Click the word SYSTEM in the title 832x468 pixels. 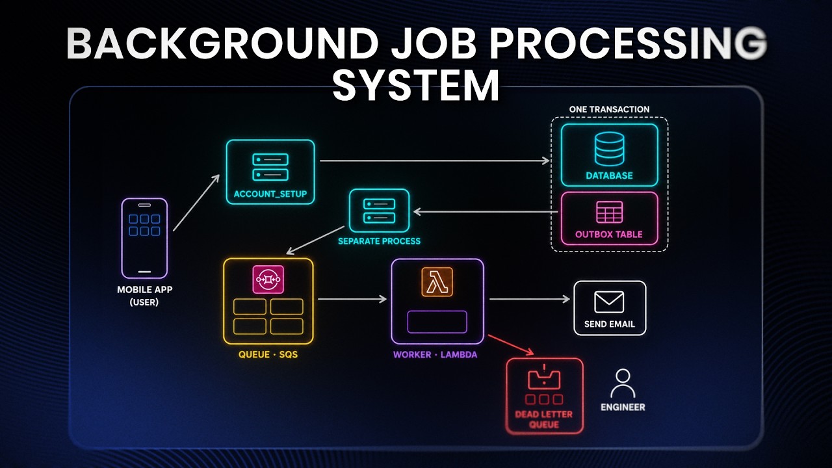[x=416, y=84]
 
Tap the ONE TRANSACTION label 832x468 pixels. [x=609, y=109]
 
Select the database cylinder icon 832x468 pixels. [x=609, y=149]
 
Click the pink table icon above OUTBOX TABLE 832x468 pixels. [x=609, y=212]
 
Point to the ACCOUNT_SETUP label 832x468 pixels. [x=270, y=194]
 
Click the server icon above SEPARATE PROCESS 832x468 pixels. [x=379, y=211]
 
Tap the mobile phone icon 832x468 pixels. [x=144, y=238]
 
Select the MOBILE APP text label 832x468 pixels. [x=144, y=290]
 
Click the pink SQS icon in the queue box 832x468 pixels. [x=268, y=279]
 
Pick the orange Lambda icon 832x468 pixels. [x=437, y=282]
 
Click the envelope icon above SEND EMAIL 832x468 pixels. [x=609, y=302]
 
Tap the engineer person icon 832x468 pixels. [x=623, y=383]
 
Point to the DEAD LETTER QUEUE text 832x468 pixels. [x=544, y=419]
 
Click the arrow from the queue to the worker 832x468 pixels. [x=352, y=299]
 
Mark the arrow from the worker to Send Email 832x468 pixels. [x=529, y=299]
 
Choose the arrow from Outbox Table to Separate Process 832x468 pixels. [x=486, y=212]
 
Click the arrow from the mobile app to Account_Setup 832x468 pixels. [x=196, y=203]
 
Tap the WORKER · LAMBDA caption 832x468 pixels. [x=435, y=355]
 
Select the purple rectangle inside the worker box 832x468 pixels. [x=437, y=322]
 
